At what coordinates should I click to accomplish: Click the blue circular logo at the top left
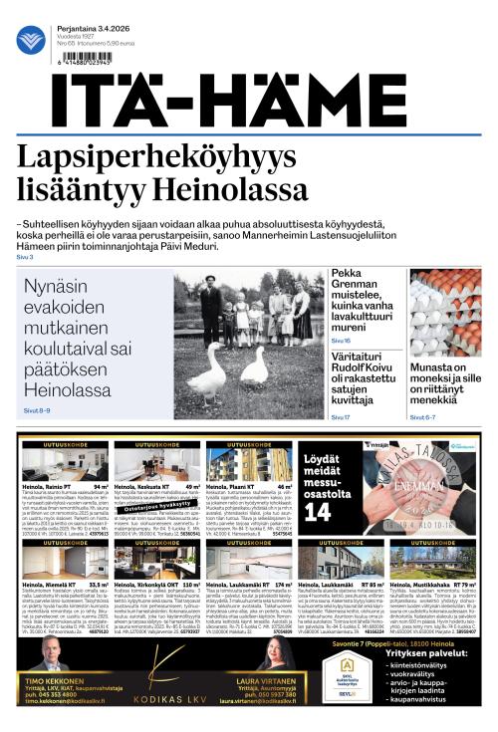click(x=31, y=41)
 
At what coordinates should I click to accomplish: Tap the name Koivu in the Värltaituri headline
click(x=379, y=376)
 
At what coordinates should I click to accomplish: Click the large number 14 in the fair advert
click(x=318, y=512)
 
